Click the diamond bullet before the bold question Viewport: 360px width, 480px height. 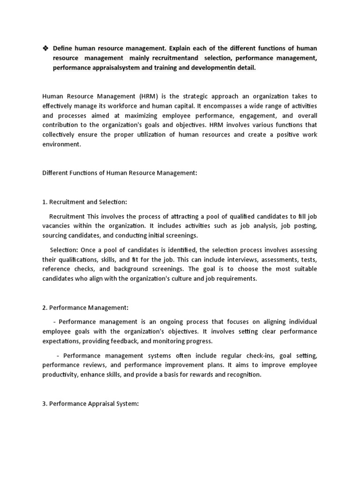point(45,48)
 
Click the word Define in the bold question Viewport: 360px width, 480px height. point(63,48)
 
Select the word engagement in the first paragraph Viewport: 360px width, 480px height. point(258,115)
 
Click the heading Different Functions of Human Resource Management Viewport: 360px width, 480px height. point(120,173)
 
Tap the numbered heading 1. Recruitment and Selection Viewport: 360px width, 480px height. point(85,202)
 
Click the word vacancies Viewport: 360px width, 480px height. point(58,226)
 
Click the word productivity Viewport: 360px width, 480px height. point(61,375)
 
